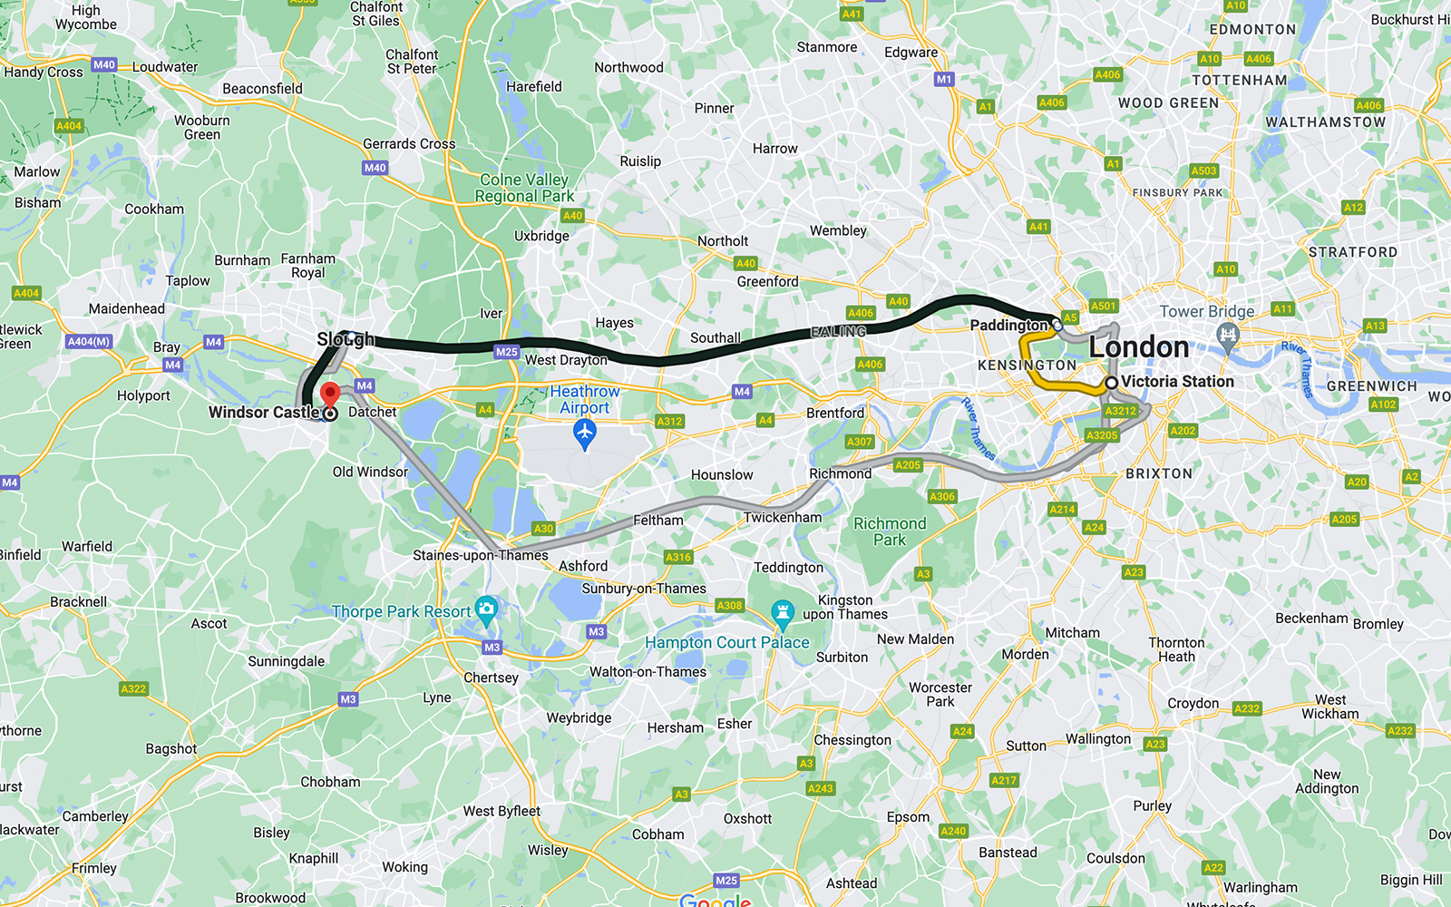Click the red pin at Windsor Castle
330,395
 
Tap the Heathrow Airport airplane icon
585,434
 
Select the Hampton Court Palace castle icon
783,613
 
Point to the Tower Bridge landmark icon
1228,338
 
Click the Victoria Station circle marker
1111,383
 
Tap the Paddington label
1008,325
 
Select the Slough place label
346,339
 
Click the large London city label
1138,346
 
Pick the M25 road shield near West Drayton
506,352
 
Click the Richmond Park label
890,532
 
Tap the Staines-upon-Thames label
481,555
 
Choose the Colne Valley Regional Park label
524,188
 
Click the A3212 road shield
1120,411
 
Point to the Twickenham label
782,517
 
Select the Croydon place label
1193,703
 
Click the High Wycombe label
86,16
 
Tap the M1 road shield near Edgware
944,79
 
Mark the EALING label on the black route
838,332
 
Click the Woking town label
404,867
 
